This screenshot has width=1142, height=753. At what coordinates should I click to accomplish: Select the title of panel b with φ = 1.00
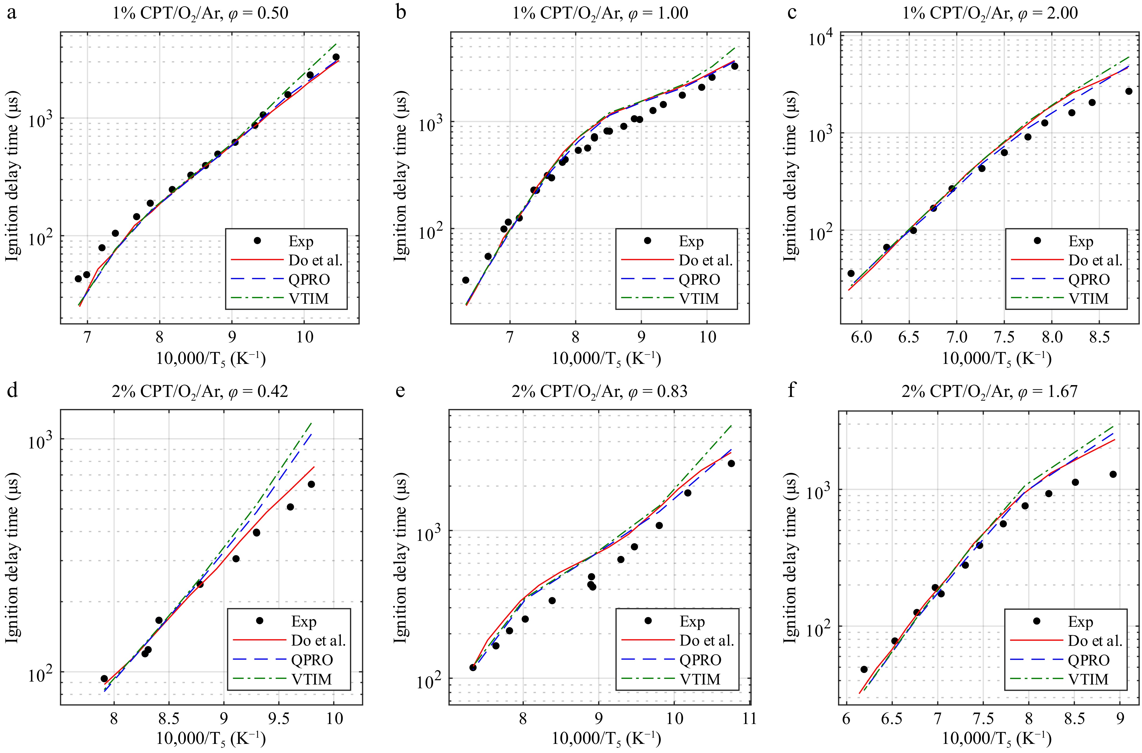600,13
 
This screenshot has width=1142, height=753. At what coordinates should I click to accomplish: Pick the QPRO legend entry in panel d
312,660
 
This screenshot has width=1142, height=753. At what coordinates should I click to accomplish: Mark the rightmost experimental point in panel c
1129,91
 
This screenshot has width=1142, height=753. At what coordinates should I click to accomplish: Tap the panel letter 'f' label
792,390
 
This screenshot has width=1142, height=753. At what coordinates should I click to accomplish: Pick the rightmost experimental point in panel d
311,484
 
